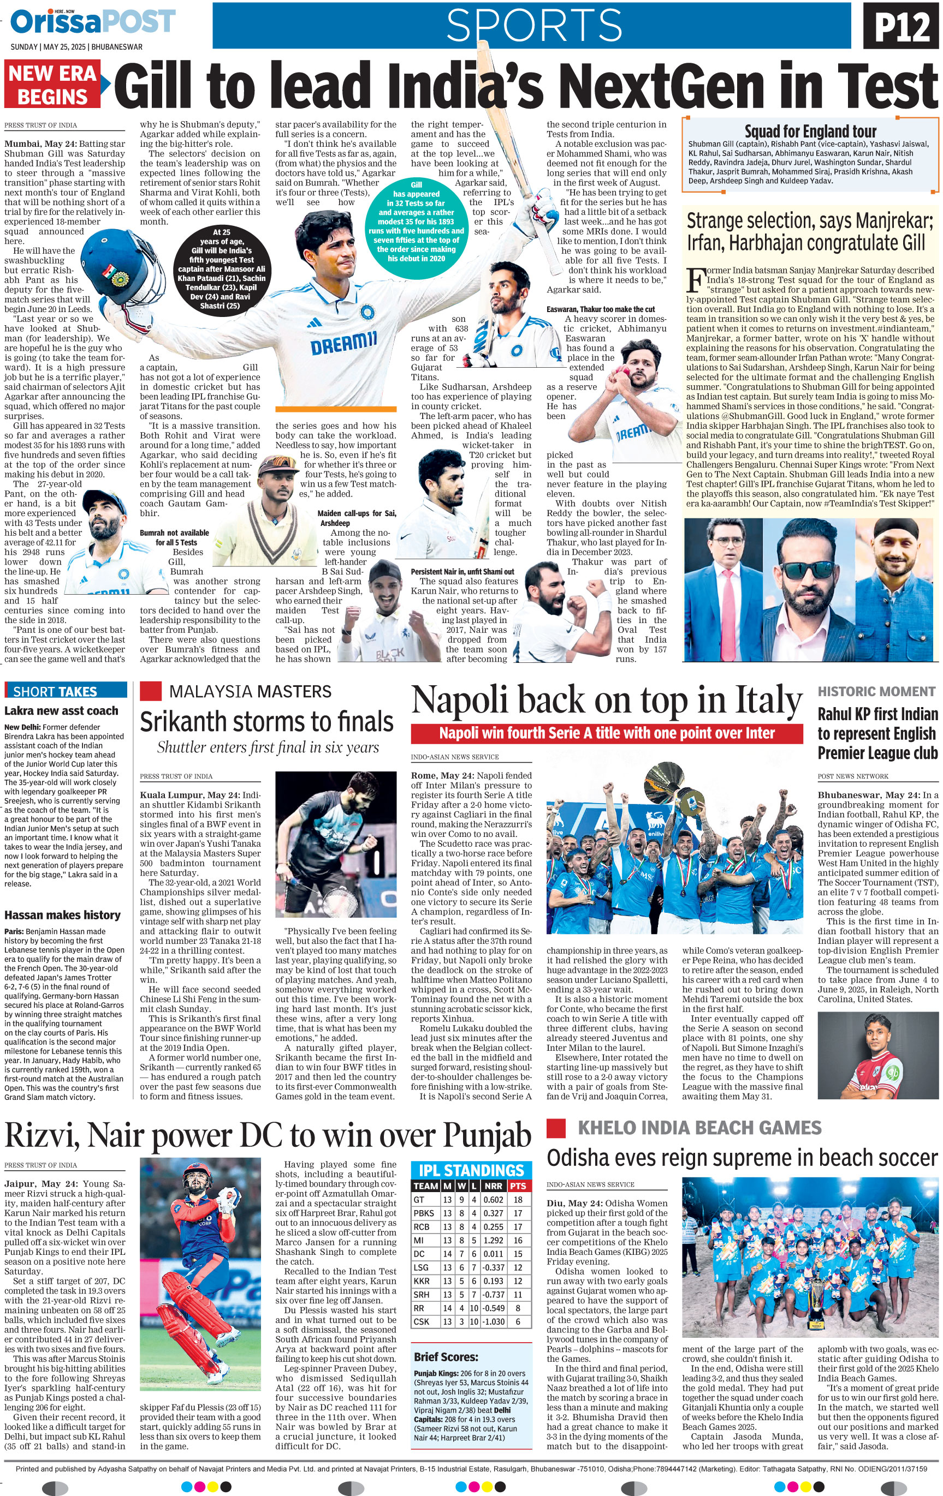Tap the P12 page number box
click(902, 27)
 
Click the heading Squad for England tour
click(809, 131)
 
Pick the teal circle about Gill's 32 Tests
click(416, 221)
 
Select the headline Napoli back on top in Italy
click(606, 700)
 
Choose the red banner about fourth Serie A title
click(606, 733)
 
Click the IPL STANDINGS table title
click(471, 1170)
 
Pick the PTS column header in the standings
click(518, 1186)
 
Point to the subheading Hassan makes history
click(62, 915)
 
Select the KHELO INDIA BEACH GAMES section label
click(699, 1128)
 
